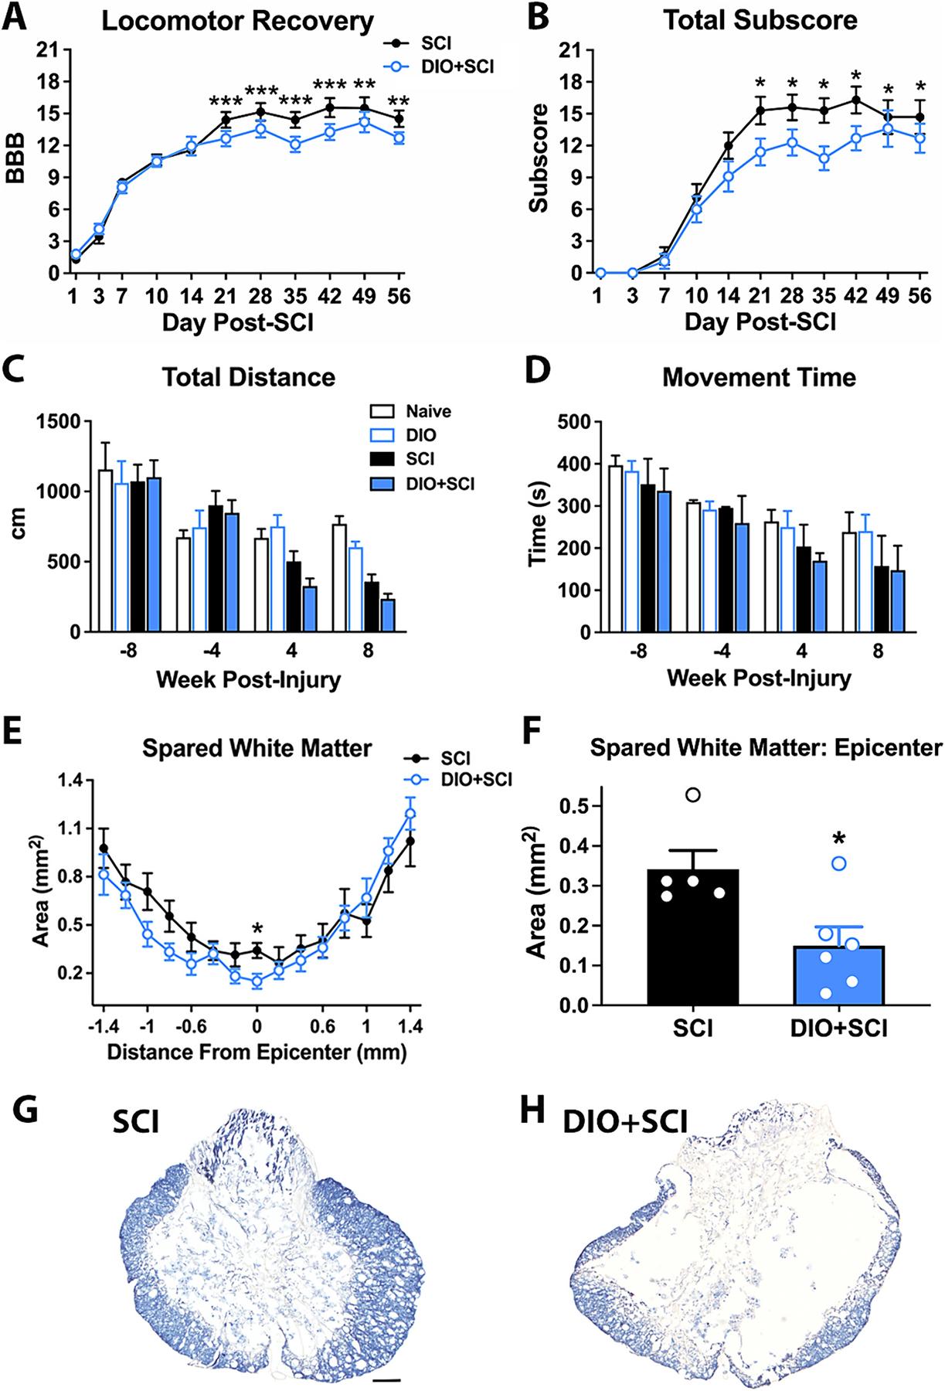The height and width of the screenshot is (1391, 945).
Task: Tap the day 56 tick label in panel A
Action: (399, 298)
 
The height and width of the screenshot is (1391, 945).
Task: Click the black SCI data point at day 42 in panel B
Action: (855, 100)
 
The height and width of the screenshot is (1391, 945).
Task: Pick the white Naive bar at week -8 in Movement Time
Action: (615, 549)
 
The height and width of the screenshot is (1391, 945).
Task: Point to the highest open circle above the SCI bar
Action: (693, 795)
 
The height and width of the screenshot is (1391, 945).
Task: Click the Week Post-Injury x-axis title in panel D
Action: (759, 678)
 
